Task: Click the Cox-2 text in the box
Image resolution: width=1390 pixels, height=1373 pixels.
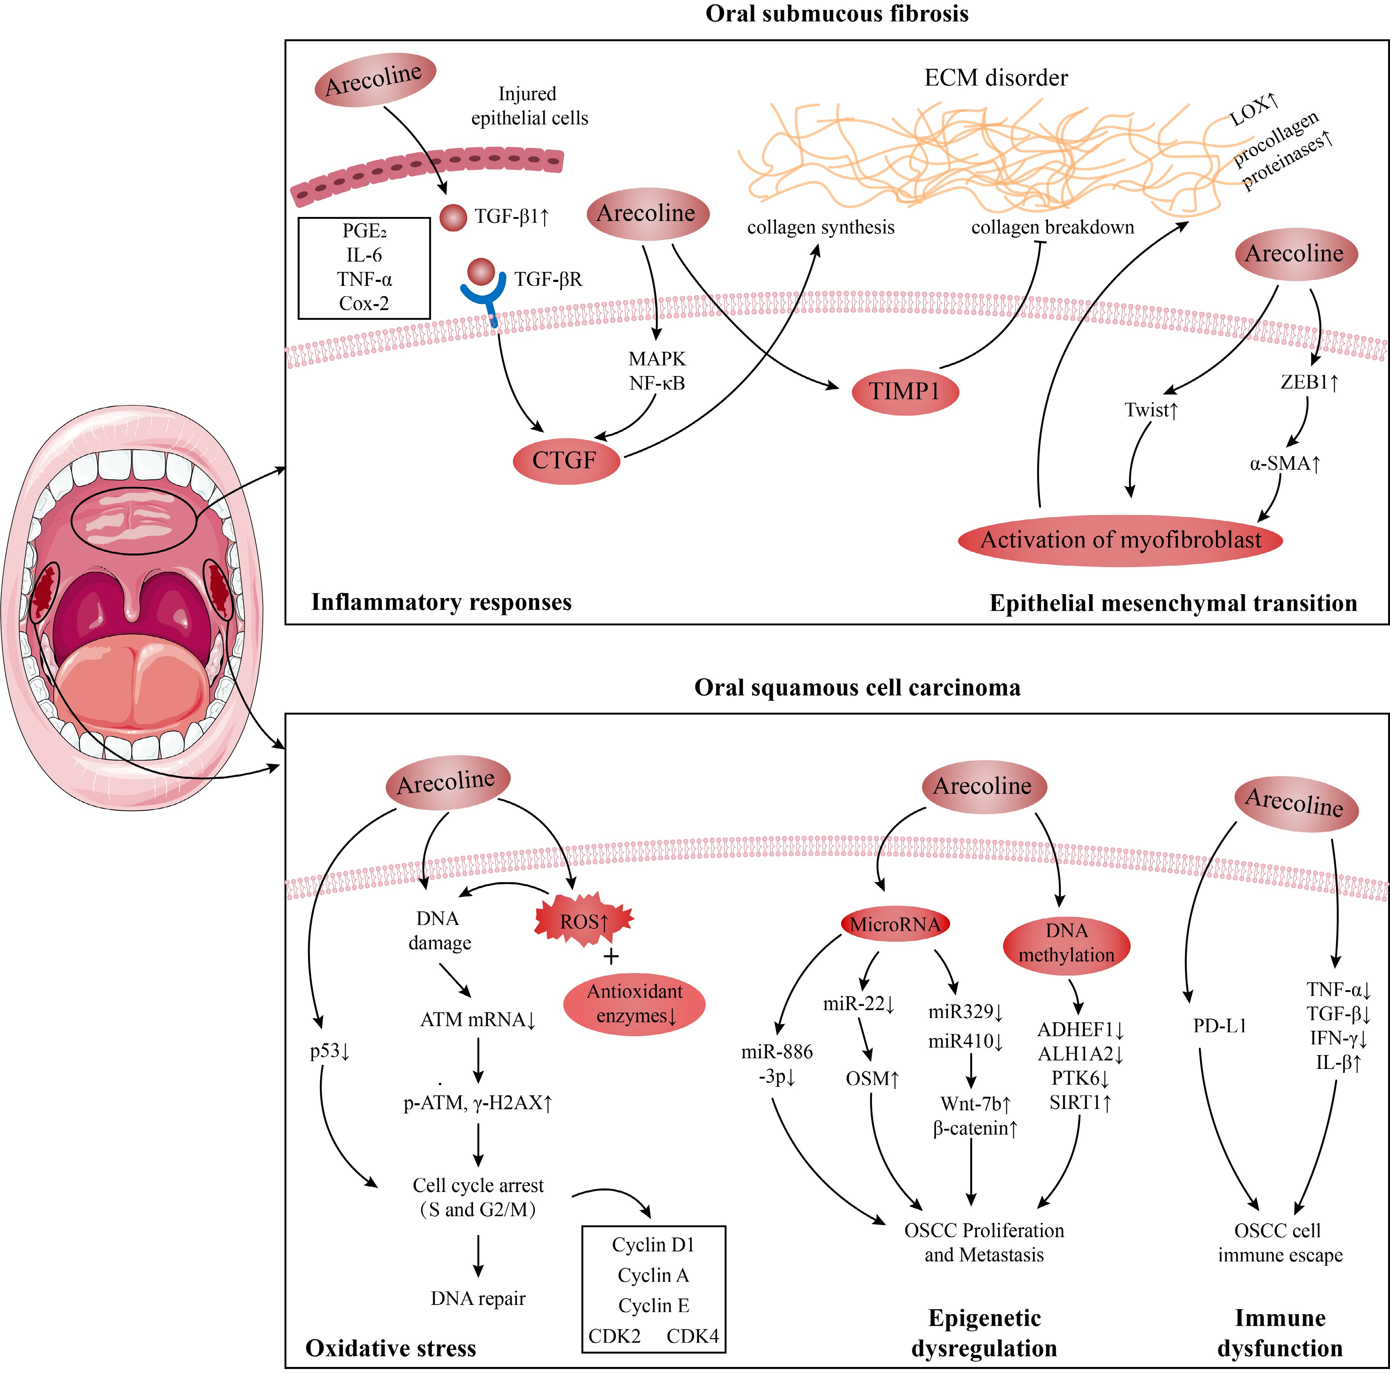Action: point(364,304)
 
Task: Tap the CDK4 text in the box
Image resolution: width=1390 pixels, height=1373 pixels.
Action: point(692,1336)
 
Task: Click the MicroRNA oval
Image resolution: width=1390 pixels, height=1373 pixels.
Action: point(895,924)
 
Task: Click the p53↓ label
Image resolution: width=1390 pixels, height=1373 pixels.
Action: point(329,1051)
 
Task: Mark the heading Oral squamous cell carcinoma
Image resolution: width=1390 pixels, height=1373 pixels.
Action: point(857,688)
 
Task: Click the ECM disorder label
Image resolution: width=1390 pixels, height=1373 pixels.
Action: point(996,78)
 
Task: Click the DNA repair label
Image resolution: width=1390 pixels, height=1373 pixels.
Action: point(478,1298)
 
